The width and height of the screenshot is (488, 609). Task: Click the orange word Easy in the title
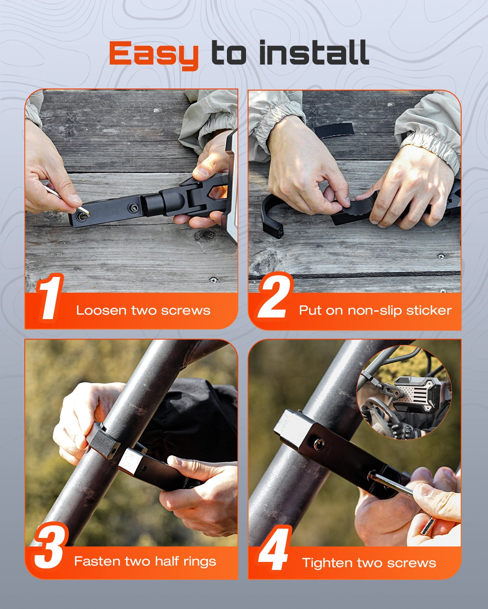[x=153, y=55]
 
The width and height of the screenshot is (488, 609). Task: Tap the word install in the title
[x=314, y=52]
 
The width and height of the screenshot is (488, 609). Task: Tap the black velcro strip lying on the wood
[x=334, y=130]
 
